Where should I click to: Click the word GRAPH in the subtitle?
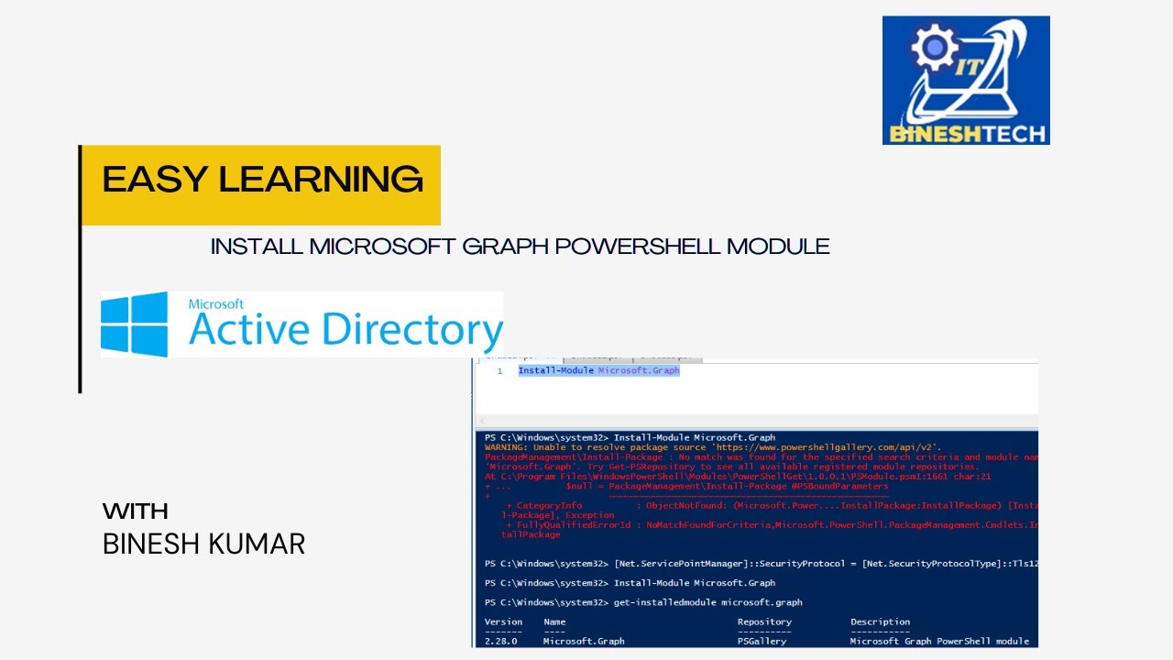coord(497,247)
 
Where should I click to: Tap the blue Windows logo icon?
coord(135,324)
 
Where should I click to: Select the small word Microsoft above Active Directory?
coord(215,303)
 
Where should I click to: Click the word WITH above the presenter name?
coord(136,511)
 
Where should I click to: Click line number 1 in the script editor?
coord(499,371)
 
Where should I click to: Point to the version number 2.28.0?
coord(500,642)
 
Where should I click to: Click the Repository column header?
coord(764,621)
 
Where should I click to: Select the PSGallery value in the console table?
coord(762,642)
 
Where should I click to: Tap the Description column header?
coord(880,621)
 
